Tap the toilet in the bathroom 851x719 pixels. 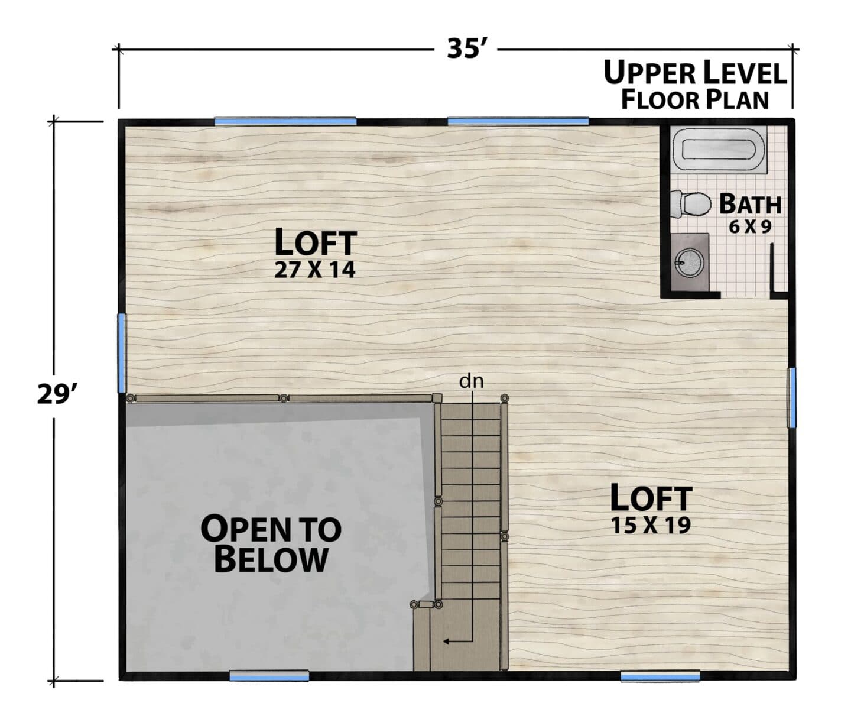tap(691, 204)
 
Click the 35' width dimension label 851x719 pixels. tap(466, 49)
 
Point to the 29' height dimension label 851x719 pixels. tap(56, 395)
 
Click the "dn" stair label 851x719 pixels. tap(471, 381)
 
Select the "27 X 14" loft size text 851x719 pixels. tap(314, 270)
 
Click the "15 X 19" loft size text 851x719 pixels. tap(651, 526)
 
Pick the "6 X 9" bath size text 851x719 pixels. tap(750, 226)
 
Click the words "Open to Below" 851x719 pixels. tap(271, 543)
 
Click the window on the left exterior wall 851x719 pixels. tap(122, 353)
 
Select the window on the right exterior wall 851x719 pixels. tap(791, 397)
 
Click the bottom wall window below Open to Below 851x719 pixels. tap(269, 676)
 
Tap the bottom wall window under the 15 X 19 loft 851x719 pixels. tap(660, 676)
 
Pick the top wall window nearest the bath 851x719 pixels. tap(518, 121)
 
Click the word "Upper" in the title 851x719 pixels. tap(649, 73)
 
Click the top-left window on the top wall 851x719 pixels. tap(285, 121)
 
